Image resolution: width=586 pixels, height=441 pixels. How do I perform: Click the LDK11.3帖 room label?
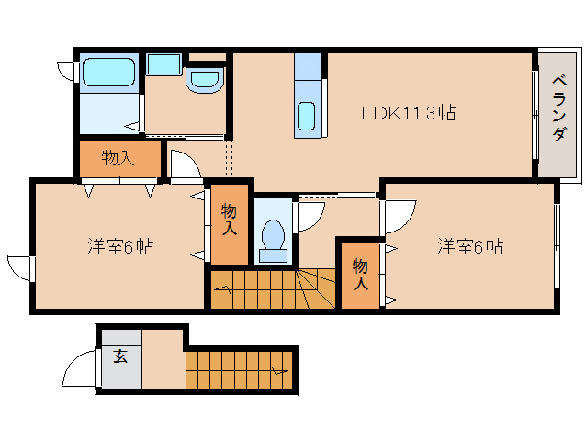point(409,113)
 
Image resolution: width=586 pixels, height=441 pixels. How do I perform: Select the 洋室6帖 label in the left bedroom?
point(120,246)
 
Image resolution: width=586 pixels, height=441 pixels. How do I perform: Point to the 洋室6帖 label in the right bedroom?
point(469,246)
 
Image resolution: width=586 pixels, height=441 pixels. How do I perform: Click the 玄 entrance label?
point(120,356)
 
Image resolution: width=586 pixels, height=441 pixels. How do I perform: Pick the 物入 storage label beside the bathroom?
point(118,158)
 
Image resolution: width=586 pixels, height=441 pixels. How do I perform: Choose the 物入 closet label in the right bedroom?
point(361,273)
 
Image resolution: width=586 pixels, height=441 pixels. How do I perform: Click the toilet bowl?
point(272,235)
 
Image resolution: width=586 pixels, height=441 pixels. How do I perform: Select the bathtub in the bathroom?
point(108,72)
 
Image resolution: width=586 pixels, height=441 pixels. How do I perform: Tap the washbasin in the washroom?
point(203,80)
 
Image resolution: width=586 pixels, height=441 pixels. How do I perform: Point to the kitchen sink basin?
point(307,118)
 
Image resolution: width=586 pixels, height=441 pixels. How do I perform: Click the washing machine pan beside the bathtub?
point(164,64)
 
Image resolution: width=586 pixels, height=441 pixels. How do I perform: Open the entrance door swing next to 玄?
point(77,371)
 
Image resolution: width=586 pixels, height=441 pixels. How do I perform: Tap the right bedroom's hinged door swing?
point(399,216)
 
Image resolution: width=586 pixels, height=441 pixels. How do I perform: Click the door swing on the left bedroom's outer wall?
point(21,268)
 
